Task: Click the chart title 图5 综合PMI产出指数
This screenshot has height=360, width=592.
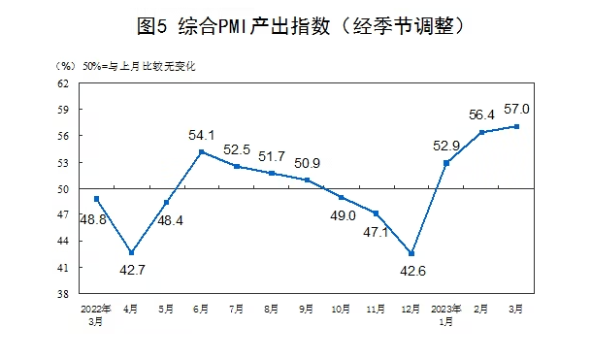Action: point(296,27)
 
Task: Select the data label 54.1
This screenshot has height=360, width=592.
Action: point(201,135)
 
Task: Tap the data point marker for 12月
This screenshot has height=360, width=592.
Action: point(411,254)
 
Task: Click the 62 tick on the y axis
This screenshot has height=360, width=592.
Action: point(62,84)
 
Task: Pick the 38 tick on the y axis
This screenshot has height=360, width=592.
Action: point(62,293)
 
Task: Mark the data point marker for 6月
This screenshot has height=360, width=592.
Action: point(201,151)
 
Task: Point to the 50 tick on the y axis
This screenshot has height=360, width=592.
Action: point(62,188)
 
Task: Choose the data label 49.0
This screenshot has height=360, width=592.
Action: point(342,215)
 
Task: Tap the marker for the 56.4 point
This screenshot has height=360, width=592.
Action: point(481,132)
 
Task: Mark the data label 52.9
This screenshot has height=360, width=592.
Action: point(444,146)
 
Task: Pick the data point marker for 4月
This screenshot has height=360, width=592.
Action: point(131,252)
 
